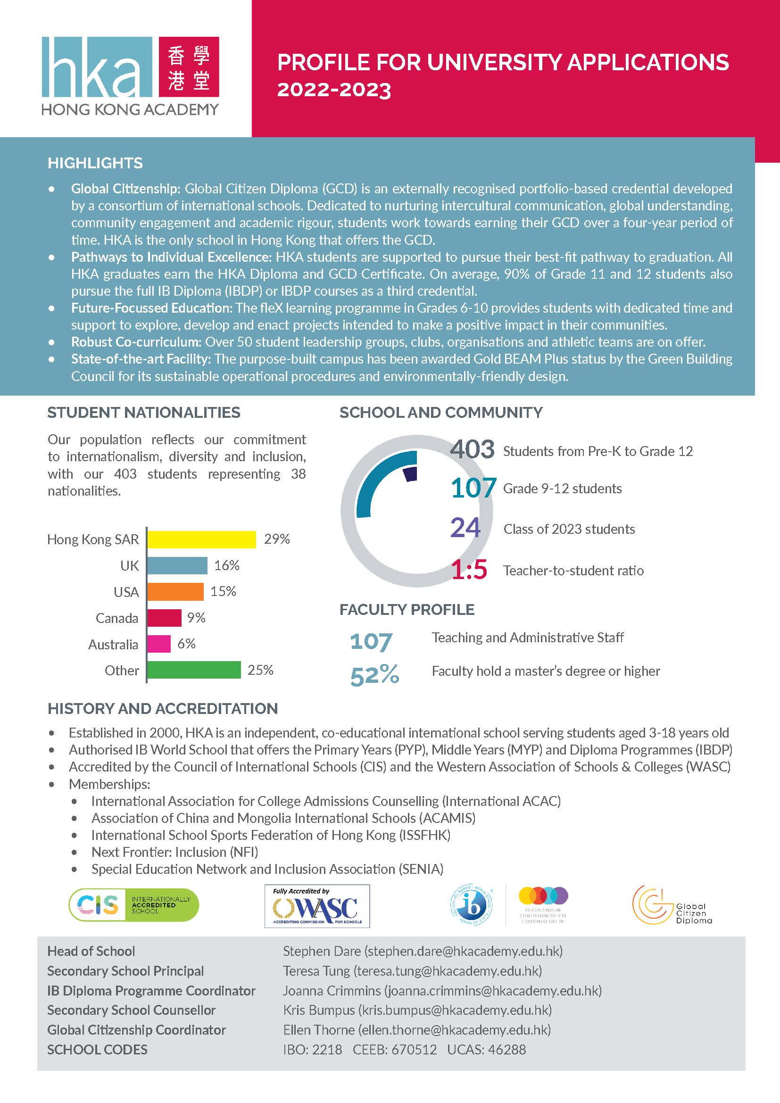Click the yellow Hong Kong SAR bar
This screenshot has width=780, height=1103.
click(x=201, y=539)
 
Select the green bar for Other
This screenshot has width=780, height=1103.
click(x=193, y=670)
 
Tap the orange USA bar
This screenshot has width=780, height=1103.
click(x=175, y=591)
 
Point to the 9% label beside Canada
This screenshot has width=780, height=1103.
click(x=196, y=617)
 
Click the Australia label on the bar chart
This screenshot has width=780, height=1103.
click(x=113, y=644)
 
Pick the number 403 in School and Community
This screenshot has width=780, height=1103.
click(x=472, y=450)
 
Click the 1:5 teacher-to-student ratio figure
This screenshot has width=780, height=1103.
click(x=469, y=570)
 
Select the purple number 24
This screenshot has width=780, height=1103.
click(x=465, y=528)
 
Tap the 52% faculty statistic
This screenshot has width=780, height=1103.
click(x=374, y=675)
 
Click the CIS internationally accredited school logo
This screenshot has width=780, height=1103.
click(x=133, y=905)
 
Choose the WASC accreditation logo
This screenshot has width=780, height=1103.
click(x=317, y=906)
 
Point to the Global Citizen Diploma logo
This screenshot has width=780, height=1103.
click(x=672, y=905)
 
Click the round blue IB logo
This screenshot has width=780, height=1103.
click(x=471, y=905)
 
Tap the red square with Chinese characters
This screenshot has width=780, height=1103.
click(x=189, y=67)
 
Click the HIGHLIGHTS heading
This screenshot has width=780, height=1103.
click(x=95, y=163)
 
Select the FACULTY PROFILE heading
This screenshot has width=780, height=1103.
click(x=407, y=610)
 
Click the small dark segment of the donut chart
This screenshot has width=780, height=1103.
click(x=410, y=473)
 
